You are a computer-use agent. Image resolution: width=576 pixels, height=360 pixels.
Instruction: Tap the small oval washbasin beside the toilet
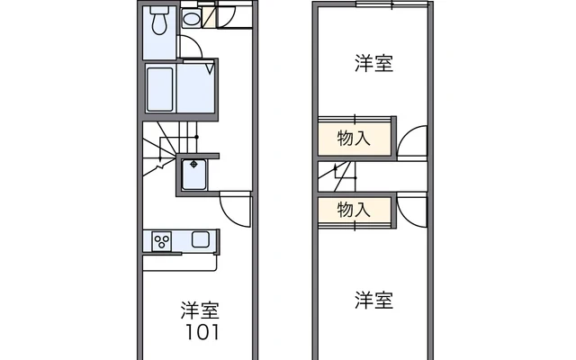tap(192, 19)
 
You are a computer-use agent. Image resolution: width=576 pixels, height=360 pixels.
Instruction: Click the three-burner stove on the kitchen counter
tap(163, 241)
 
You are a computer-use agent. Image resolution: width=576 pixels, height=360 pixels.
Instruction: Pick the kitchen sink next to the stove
tap(200, 240)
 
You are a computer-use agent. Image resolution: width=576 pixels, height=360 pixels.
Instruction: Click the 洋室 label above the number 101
tap(199, 310)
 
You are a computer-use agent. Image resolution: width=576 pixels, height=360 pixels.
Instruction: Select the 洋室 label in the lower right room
tap(373, 300)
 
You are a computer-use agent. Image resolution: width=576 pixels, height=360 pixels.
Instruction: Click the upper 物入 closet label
tap(354, 138)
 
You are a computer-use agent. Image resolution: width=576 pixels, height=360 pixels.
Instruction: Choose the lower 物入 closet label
tap(354, 211)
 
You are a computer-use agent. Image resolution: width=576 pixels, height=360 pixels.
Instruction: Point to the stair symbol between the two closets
tap(343, 173)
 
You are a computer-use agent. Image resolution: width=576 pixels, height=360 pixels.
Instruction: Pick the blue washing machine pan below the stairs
tap(194, 174)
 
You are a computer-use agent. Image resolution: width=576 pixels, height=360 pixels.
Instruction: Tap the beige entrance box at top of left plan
tap(208, 15)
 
